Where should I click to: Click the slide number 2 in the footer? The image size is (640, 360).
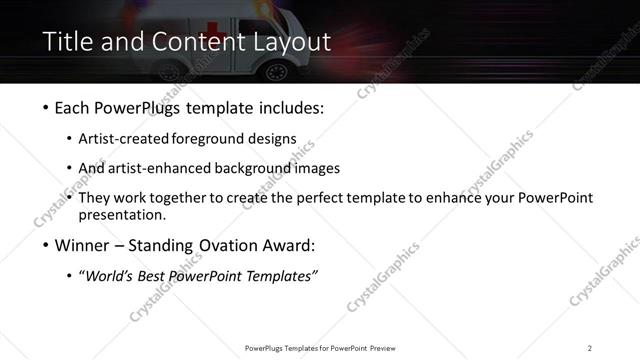[x=589, y=348]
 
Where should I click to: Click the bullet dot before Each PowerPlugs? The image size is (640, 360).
[x=47, y=108]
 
